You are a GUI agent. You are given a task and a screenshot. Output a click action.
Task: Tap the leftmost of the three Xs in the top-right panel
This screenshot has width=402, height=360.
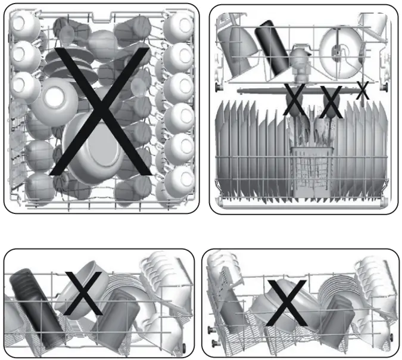coord(294,100)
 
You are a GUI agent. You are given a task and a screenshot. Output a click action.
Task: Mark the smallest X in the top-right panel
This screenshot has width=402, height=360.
coord(362,91)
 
